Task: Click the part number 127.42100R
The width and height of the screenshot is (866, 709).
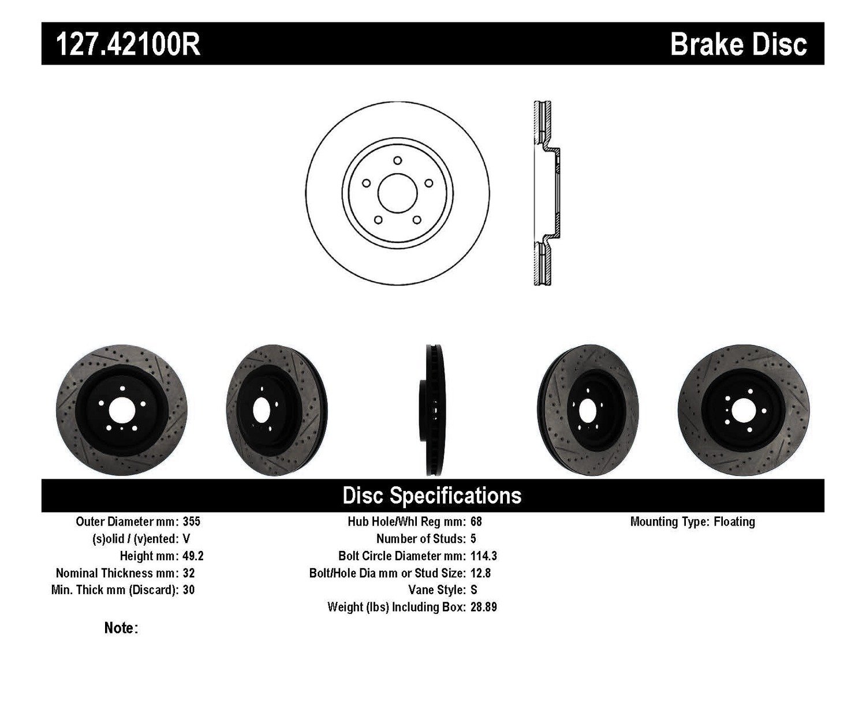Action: (x=128, y=44)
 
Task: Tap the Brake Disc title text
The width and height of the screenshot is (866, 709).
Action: (x=738, y=44)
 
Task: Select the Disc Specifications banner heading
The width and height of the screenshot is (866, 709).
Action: (x=432, y=496)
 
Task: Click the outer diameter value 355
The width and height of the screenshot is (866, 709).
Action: (x=191, y=522)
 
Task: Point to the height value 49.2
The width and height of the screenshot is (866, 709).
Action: (x=193, y=556)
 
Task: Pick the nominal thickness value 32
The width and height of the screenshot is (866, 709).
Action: (x=188, y=573)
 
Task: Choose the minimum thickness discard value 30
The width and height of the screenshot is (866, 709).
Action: (x=188, y=590)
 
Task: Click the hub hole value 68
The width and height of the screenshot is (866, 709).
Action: (x=476, y=522)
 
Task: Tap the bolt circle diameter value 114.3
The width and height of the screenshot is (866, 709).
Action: (x=484, y=556)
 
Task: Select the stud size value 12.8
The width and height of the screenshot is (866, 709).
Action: (x=481, y=573)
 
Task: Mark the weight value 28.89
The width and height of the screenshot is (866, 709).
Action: (x=484, y=607)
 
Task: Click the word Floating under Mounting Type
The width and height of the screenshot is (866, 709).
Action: (x=734, y=522)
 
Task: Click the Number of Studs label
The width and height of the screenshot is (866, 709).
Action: (x=420, y=539)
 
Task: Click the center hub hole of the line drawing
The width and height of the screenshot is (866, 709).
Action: (x=397, y=192)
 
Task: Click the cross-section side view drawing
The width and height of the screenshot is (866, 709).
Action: (x=545, y=193)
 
